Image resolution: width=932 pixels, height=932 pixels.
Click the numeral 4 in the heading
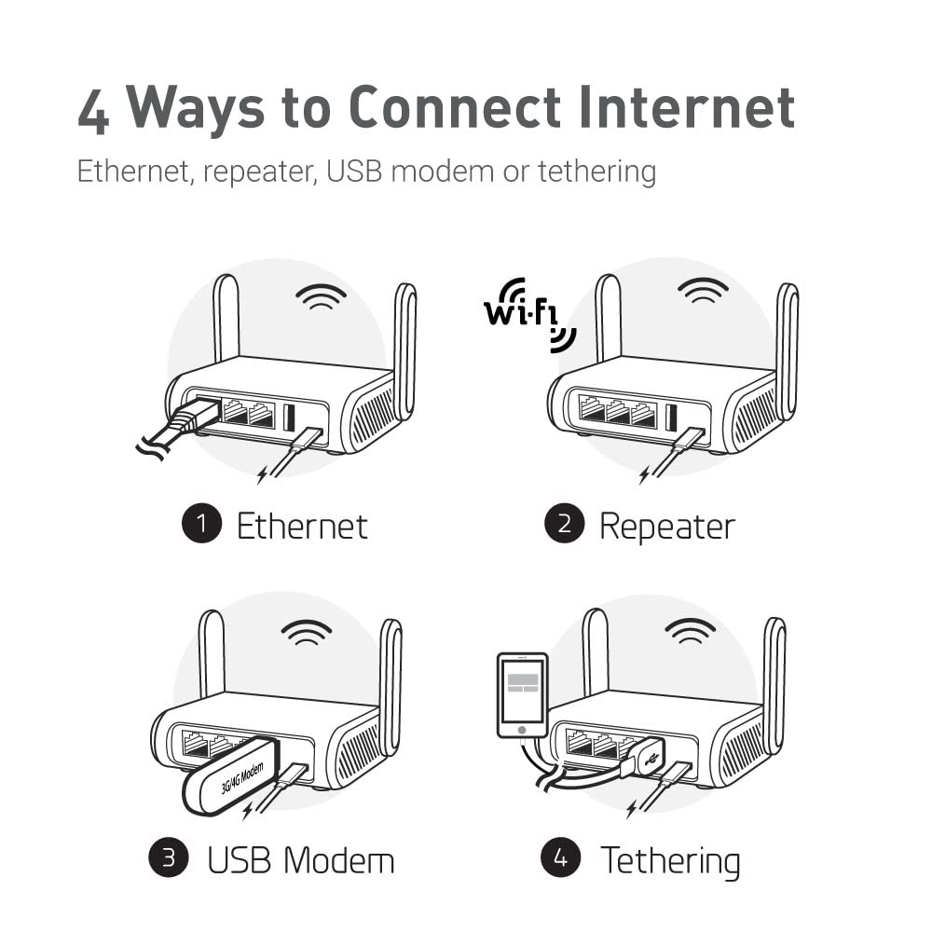[x=95, y=108]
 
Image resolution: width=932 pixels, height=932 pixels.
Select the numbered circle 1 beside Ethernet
[x=201, y=525]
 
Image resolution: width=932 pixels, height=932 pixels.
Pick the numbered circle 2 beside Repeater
[x=564, y=525]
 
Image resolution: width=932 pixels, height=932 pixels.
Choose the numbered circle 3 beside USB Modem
[x=169, y=857]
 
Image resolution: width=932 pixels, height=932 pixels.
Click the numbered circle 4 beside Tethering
[x=561, y=857]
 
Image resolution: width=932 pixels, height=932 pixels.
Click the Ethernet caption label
[x=302, y=526]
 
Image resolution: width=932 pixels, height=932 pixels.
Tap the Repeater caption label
[x=666, y=526]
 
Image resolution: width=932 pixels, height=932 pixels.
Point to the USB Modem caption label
[x=300, y=858]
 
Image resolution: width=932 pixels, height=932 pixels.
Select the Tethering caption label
[x=670, y=859]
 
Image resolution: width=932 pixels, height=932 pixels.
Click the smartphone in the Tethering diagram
[x=522, y=695]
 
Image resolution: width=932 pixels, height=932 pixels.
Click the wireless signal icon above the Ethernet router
[x=321, y=297]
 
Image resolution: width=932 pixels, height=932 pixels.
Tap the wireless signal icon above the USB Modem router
[x=307, y=633]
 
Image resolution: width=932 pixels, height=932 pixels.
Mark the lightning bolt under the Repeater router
[x=644, y=475]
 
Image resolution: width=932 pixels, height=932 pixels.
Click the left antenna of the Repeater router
[x=608, y=317]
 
